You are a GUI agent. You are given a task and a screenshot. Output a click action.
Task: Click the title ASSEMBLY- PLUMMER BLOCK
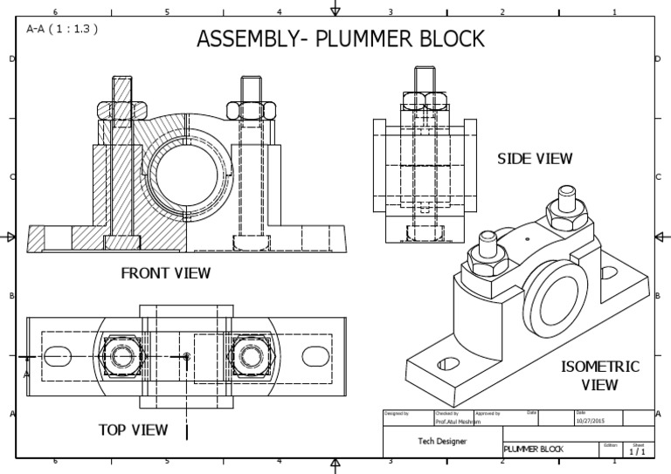click(340, 39)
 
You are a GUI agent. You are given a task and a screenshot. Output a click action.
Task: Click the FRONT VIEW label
click(165, 273)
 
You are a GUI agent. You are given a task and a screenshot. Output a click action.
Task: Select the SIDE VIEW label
click(535, 159)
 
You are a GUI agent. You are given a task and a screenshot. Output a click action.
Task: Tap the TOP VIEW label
click(133, 429)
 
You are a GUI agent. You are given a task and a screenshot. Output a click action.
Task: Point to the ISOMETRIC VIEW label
click(599, 375)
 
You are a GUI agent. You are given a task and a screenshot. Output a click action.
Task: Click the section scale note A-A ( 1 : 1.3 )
click(61, 28)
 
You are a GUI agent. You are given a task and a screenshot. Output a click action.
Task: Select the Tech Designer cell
click(441, 442)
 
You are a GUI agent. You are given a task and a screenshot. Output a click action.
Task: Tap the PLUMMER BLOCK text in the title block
click(534, 450)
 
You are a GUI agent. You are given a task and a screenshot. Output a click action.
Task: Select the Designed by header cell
click(407, 412)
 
